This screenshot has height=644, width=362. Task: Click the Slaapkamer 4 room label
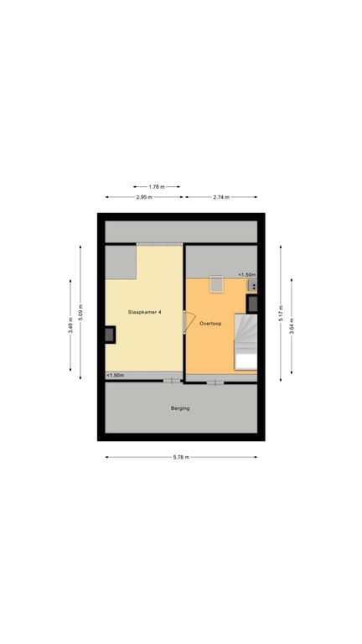coord(144,312)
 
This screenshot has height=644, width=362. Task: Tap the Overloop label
coord(210,323)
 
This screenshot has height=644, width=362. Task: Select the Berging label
coord(180,408)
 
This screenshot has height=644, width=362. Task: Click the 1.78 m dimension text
coord(157,186)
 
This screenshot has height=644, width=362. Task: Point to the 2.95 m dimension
coord(144,197)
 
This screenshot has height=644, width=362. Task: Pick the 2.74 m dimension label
coord(221,197)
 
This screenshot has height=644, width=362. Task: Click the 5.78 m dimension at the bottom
coord(180,457)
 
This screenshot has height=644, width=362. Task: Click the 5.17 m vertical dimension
coord(280,312)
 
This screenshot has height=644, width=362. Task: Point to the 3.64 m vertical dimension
coord(291,322)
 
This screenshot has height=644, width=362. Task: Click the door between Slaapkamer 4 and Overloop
coord(188,322)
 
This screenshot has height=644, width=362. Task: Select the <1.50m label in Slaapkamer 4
coord(116,375)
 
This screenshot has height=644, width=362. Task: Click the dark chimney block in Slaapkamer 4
coord(109,335)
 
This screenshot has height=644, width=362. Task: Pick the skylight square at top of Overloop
coord(216,284)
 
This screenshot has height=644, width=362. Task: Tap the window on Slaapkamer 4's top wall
coord(159,243)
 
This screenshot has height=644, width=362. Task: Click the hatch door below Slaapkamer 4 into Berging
coord(171,382)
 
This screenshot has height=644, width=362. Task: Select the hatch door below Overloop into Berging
coord(215,382)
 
